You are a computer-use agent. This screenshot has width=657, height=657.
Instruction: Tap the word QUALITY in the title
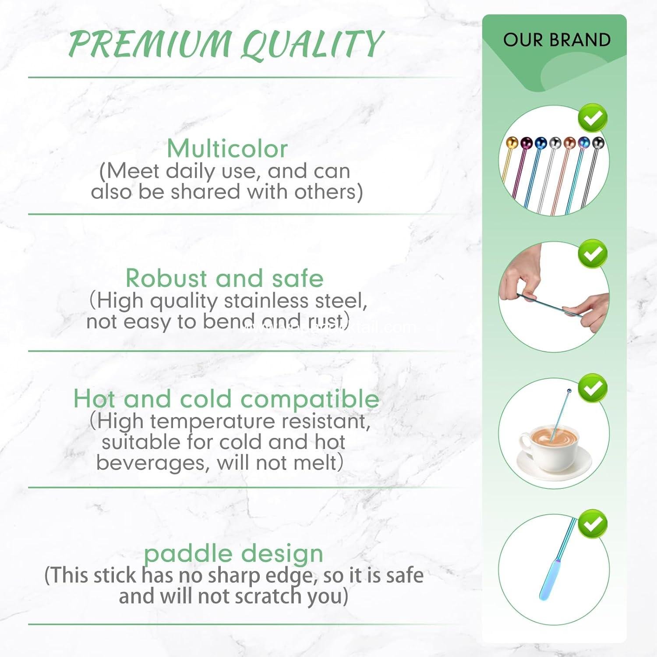(312, 44)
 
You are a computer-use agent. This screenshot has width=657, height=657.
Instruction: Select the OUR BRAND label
(557, 40)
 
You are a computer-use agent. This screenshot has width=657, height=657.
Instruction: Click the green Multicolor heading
(227, 149)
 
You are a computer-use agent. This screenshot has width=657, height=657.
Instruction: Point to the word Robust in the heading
(166, 278)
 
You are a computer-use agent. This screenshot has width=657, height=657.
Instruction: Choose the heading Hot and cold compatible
(226, 399)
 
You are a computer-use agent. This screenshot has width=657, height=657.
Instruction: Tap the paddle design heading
(233, 554)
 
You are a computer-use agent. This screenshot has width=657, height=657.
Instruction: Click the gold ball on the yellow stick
(512, 142)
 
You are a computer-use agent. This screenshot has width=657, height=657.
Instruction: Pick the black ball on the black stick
(598, 143)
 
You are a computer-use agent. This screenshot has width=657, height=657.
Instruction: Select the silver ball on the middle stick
(555, 143)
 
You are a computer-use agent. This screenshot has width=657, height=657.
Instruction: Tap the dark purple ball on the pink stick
(526, 143)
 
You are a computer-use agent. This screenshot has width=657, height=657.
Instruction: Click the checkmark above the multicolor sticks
(593, 118)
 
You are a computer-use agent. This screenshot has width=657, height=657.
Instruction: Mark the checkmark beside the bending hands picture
(593, 254)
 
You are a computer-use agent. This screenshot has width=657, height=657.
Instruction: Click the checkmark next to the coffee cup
(593, 388)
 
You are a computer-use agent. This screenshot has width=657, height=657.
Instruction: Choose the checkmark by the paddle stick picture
(593, 524)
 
